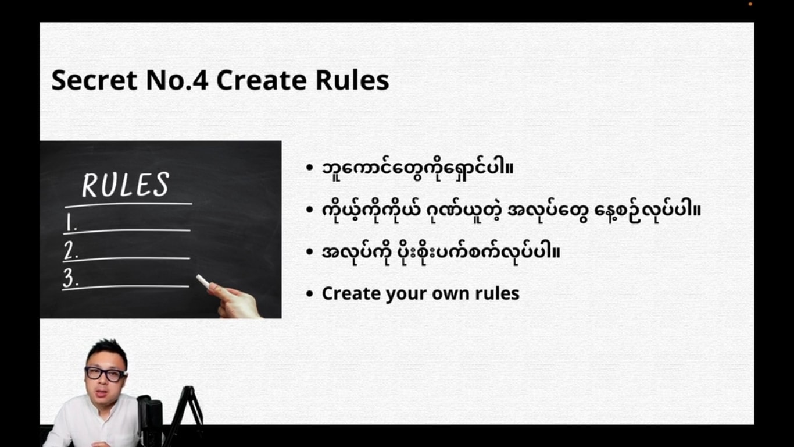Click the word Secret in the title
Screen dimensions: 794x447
click(x=94, y=80)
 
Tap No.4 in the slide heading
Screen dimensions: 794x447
click(x=177, y=80)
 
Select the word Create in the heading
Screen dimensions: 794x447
click(x=261, y=80)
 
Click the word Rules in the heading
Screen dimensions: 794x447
click(x=352, y=80)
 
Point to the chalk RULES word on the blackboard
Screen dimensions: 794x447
click(x=126, y=185)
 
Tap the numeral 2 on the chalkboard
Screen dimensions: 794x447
click(x=71, y=250)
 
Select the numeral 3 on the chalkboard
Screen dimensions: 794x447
click(x=70, y=278)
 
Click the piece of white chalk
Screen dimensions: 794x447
click(x=203, y=281)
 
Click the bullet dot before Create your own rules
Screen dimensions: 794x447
click(x=309, y=293)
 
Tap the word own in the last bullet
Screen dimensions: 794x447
click(x=451, y=294)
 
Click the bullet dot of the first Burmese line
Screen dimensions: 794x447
click(x=309, y=168)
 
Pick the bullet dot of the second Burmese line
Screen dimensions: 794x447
click(x=309, y=210)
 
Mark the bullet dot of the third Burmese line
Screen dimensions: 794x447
click(x=309, y=251)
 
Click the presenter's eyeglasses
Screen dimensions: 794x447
click(x=106, y=374)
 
